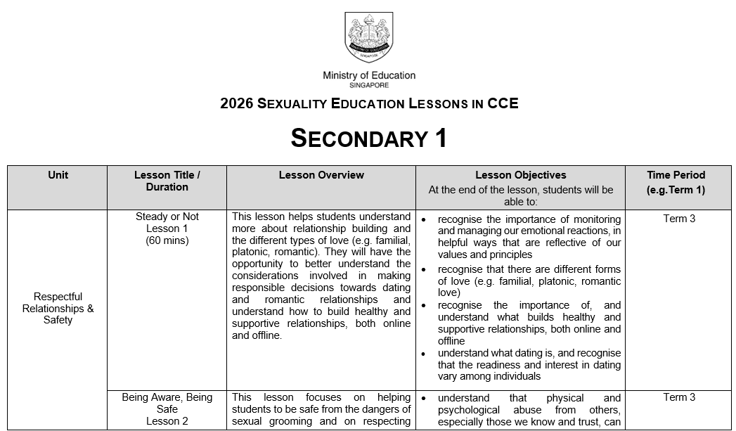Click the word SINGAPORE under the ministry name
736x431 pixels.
[x=368, y=85]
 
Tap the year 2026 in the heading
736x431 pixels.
[x=236, y=104]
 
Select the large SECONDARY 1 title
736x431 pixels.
[x=368, y=139]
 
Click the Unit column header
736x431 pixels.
[x=58, y=175]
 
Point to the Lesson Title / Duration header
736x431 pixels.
[x=167, y=181]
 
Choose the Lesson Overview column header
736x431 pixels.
[x=321, y=175]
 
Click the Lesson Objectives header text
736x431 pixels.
[x=520, y=175]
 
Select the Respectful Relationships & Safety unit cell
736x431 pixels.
[x=58, y=308]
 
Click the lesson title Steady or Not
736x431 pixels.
[x=167, y=217]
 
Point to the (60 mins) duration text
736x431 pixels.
[x=167, y=240]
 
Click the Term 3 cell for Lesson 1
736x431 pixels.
[x=679, y=219]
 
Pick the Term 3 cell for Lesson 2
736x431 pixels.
[x=679, y=397]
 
